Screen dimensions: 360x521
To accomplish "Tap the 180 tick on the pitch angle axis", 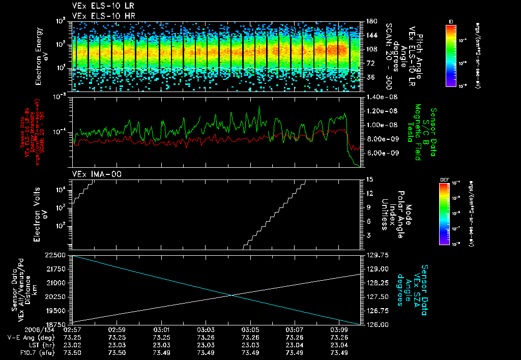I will [371, 21].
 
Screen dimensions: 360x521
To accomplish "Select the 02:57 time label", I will [72, 330].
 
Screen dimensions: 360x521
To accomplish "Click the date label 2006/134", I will [24, 330].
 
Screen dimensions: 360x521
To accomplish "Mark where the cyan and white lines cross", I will [233, 295].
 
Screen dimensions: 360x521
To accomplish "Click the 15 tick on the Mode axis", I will [369, 179].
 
